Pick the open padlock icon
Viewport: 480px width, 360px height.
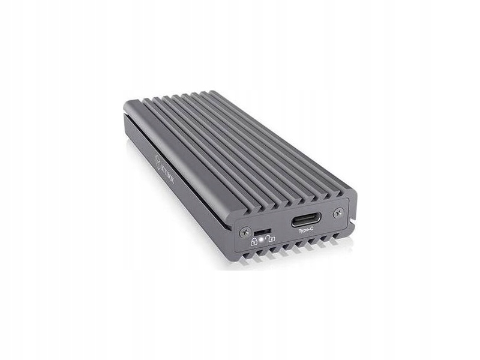[271, 239]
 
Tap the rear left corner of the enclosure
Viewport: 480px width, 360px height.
[128, 105]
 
